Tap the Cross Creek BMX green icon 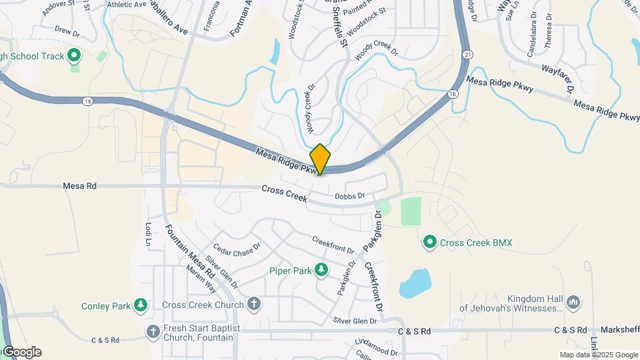pyautogui.click(x=430, y=243)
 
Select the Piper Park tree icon pyautogui.click(x=322, y=270)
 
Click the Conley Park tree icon pyautogui.click(x=140, y=305)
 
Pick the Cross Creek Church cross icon pyautogui.click(x=253, y=305)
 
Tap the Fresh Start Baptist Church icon pyautogui.click(x=153, y=331)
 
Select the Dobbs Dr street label pyautogui.click(x=350, y=196)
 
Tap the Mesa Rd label pyautogui.click(x=80, y=187)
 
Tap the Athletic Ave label pyautogui.click(x=126, y=5)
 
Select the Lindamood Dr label pyautogui.click(x=376, y=347)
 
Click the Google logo pyautogui.click(x=21, y=351)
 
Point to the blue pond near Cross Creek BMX pyautogui.click(x=414, y=283)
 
